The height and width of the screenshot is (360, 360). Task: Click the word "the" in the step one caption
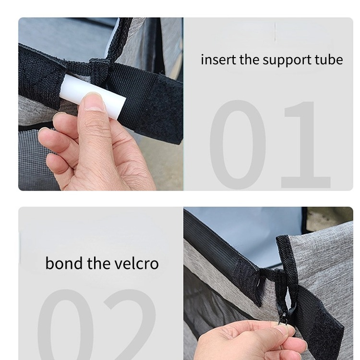coord(249,60)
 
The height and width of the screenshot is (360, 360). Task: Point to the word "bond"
coord(64,263)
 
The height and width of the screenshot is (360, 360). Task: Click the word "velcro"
coord(137,263)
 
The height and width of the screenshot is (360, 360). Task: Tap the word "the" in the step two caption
coord(98,263)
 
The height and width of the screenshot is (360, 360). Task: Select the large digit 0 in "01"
coord(238,144)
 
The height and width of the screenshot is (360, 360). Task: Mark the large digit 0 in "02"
coord(66,324)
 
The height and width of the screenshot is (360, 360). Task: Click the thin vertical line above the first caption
coord(275,32)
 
